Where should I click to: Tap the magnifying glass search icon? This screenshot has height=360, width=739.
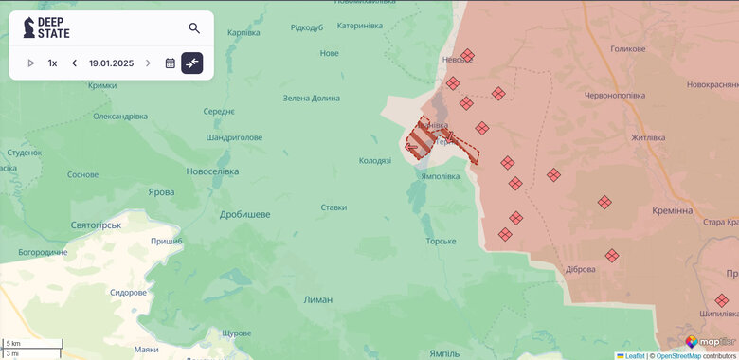pyautogui.click(x=194, y=28)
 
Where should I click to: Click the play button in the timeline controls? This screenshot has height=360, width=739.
pyautogui.click(x=31, y=63)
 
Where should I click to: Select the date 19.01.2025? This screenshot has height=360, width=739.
pyautogui.click(x=111, y=63)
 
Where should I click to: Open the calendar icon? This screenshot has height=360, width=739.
pyautogui.click(x=171, y=63)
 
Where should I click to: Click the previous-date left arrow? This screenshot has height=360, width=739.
pyautogui.click(x=74, y=63)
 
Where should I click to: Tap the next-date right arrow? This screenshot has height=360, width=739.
pyautogui.click(x=148, y=63)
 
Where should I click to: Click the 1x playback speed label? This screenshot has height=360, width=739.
pyautogui.click(x=52, y=63)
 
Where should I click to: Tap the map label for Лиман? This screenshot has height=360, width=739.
pyautogui.click(x=317, y=299)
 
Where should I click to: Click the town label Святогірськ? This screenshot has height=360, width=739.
pyautogui.click(x=97, y=225)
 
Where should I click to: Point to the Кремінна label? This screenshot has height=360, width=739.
pyautogui.click(x=672, y=210)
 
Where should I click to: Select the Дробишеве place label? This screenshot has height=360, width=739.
pyautogui.click(x=244, y=214)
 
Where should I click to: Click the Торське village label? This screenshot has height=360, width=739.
pyautogui.click(x=441, y=242)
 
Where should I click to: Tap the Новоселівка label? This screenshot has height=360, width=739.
pyautogui.click(x=213, y=171)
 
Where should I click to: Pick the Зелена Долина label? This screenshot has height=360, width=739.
pyautogui.click(x=311, y=98)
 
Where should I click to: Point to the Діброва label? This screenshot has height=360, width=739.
pyautogui.click(x=579, y=269)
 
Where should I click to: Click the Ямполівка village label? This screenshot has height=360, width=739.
pyautogui.click(x=440, y=176)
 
